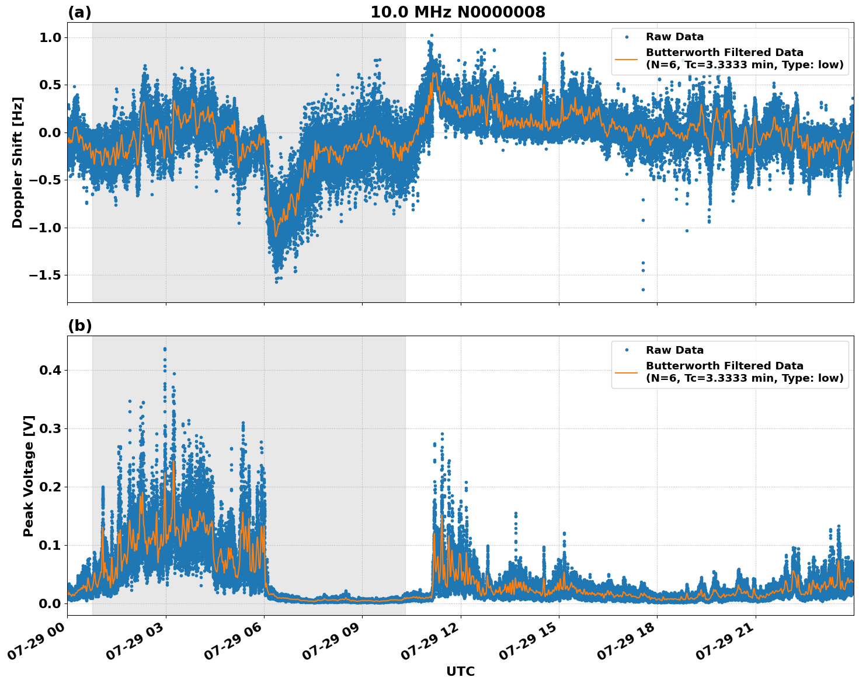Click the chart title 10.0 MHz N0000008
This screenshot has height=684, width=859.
[458, 12]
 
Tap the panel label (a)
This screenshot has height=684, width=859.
[79, 12]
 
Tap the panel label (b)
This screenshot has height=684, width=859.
[79, 326]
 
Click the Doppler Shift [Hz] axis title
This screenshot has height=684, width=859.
[18, 162]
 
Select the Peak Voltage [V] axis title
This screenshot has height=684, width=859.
[29, 476]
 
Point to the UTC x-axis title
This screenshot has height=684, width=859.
[460, 671]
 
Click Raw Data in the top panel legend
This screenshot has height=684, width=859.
[674, 37]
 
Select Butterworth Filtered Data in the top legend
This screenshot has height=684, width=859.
[724, 53]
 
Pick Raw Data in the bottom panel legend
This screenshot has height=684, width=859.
[674, 350]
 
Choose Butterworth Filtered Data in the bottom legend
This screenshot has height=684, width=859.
[724, 366]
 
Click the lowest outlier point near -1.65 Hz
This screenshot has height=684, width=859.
[643, 289]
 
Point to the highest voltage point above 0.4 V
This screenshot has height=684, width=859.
[165, 349]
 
